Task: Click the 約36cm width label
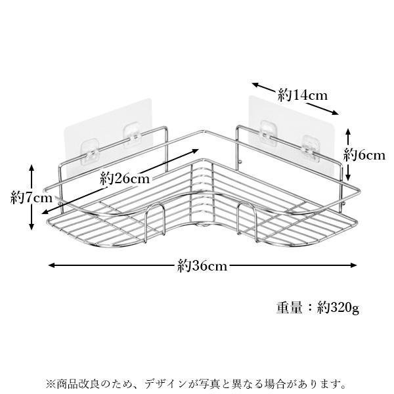click(202, 265)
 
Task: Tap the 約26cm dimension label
click(125, 179)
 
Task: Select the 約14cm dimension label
click(303, 95)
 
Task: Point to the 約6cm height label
click(364, 155)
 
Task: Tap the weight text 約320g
click(338, 307)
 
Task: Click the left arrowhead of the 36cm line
click(51, 265)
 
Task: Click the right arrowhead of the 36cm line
click(353, 265)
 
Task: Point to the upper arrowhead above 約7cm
click(32, 168)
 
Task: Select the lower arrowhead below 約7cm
click(32, 227)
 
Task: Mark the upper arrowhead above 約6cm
click(348, 132)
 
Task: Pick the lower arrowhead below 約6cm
click(348, 177)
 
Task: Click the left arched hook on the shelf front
click(155, 205)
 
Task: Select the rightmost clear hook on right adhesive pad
click(310, 148)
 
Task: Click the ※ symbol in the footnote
click(51, 384)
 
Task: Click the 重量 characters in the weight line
click(289, 307)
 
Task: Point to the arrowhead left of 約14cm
click(255, 85)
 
